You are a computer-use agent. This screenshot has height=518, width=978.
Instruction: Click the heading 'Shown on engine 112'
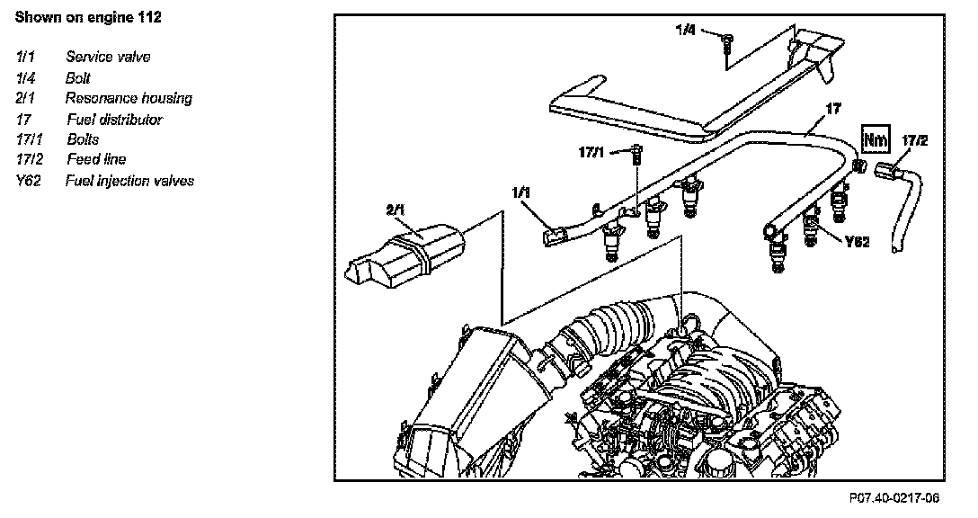pyautogui.click(x=88, y=17)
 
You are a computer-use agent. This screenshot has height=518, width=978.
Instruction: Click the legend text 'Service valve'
pyautogui.click(x=108, y=57)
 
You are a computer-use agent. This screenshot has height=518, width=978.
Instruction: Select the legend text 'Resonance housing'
pyautogui.click(x=129, y=98)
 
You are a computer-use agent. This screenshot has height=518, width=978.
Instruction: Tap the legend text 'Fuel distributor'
pyautogui.click(x=114, y=119)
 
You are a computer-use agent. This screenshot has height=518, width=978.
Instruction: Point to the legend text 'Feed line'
pyautogui.click(x=96, y=159)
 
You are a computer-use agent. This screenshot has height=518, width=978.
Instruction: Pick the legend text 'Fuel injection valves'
pyautogui.click(x=129, y=181)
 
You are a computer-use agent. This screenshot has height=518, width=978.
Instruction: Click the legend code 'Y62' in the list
pyautogui.click(x=31, y=181)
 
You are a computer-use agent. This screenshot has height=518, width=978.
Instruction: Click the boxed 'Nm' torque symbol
pyautogui.click(x=875, y=139)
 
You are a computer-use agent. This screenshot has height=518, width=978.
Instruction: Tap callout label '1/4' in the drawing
pyautogui.click(x=686, y=30)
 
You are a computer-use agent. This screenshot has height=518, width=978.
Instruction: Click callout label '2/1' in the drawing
pyautogui.click(x=396, y=210)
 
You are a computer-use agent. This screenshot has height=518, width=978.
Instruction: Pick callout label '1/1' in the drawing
pyautogui.click(x=521, y=192)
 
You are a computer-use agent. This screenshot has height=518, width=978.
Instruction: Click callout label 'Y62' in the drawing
pyautogui.click(x=858, y=242)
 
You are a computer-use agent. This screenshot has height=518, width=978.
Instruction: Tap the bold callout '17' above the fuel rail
pyautogui.click(x=832, y=108)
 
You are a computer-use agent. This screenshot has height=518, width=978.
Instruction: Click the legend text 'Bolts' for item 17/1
pyautogui.click(x=83, y=139)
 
